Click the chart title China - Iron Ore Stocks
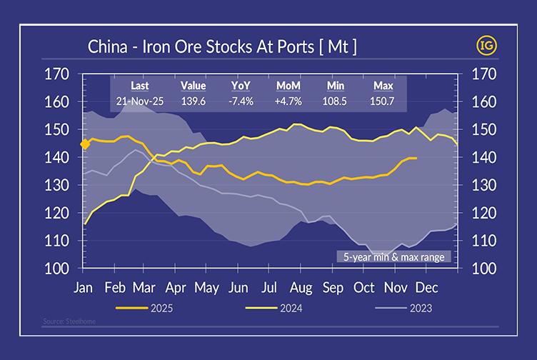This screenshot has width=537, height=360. click(x=222, y=48)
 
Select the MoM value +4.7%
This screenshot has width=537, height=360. click(x=288, y=102)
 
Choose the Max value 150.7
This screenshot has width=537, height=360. click(x=383, y=102)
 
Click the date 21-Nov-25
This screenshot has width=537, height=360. click(x=140, y=102)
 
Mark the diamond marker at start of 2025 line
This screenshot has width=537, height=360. click(x=84, y=144)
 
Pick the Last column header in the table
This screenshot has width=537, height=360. click(x=140, y=86)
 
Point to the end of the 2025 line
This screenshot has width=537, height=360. click(x=416, y=158)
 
